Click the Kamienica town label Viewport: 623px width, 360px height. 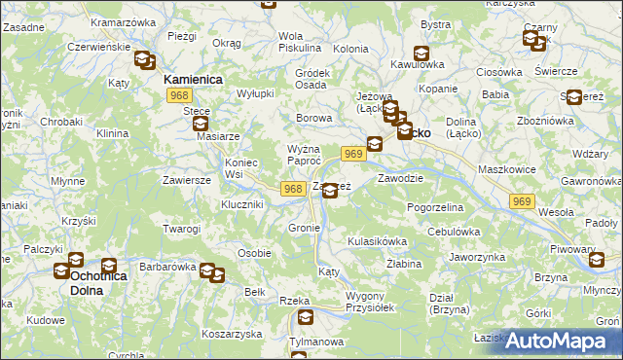(x=194, y=78)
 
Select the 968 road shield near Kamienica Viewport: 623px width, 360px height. (x=178, y=94)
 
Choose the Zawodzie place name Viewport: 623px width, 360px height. (x=399, y=179)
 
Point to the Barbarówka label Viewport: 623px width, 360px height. (x=167, y=264)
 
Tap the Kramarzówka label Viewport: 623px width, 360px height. (x=123, y=21)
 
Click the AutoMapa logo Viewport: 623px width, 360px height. (x=559, y=341)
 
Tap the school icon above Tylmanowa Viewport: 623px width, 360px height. (x=307, y=318)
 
